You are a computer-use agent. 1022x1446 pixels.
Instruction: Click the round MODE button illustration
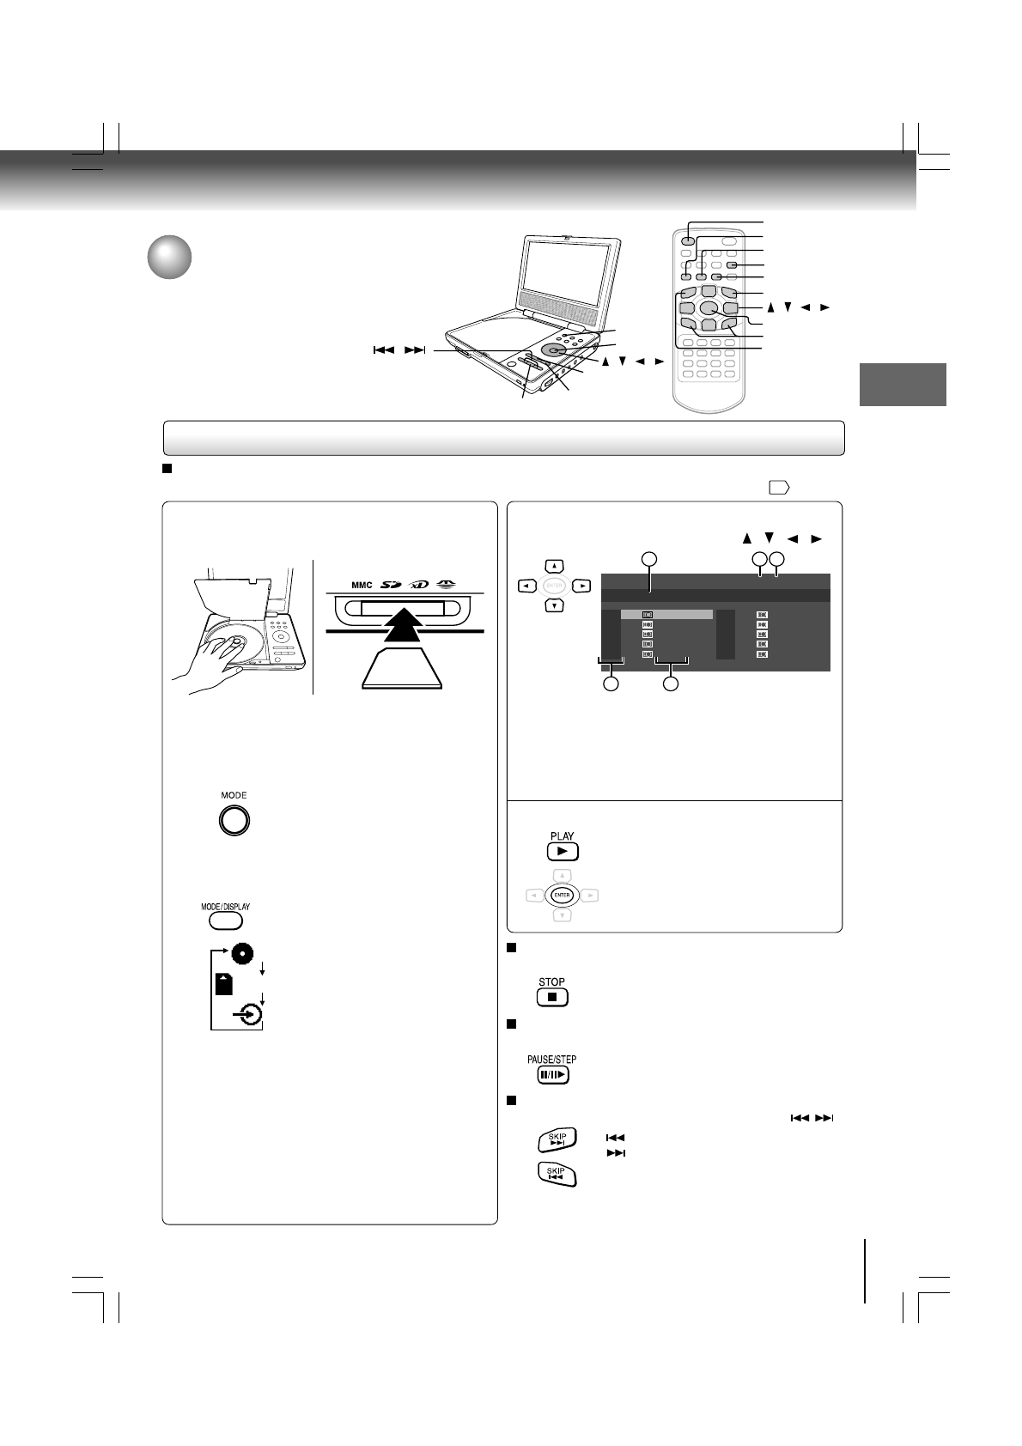(234, 821)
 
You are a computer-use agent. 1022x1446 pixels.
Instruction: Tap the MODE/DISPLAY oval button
(226, 920)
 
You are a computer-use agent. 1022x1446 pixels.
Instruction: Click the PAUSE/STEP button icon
(552, 1075)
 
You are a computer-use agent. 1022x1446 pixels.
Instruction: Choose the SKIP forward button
(557, 1139)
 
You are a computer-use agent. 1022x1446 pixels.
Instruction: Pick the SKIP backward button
(557, 1174)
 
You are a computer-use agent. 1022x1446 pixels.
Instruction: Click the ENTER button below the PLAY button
(562, 896)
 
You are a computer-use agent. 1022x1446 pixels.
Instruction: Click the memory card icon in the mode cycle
(224, 984)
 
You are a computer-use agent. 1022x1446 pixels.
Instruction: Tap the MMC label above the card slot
(362, 586)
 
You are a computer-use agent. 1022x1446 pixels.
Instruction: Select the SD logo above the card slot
(397, 585)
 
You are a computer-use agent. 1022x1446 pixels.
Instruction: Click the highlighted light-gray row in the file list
(667, 615)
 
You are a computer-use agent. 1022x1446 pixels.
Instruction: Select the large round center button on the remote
(709, 307)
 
